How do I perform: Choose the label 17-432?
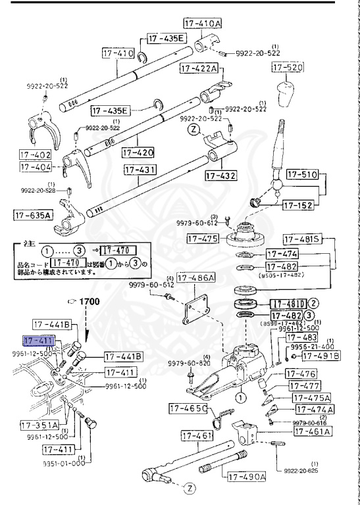click(220, 176)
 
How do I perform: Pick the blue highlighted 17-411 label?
click(38, 341)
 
